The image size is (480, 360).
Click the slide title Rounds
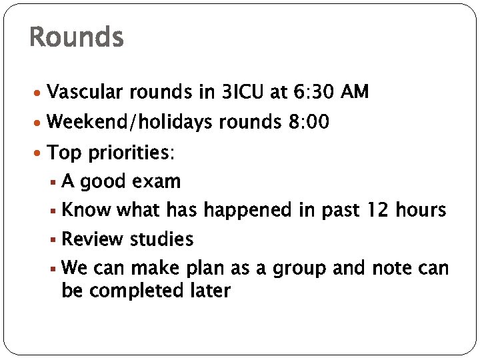tap(77, 37)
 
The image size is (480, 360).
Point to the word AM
tap(354, 92)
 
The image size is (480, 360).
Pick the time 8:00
tap(308, 123)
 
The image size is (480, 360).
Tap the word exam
tap(157, 181)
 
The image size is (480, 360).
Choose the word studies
tap(161, 239)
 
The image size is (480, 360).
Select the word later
tap(209, 291)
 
